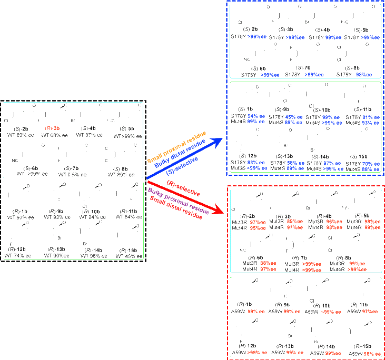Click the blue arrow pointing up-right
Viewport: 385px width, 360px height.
click(184, 158)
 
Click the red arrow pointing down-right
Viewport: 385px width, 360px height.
click(184, 197)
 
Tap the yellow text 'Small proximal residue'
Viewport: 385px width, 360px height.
click(176, 146)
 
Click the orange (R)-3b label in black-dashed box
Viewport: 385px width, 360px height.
click(53, 128)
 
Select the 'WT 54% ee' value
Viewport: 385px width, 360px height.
click(129, 217)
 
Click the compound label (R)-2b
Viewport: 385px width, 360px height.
click(248, 216)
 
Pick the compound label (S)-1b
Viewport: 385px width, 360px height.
click(245, 304)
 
